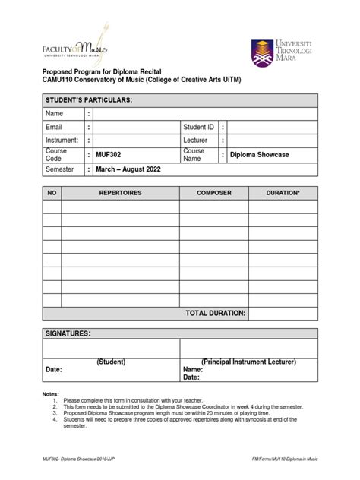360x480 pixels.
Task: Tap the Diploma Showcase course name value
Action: point(259,155)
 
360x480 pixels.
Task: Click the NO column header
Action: point(52,194)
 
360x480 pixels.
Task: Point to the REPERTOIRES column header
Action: point(120,194)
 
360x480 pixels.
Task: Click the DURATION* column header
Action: point(283,194)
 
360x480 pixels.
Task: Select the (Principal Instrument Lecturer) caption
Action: point(248,362)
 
